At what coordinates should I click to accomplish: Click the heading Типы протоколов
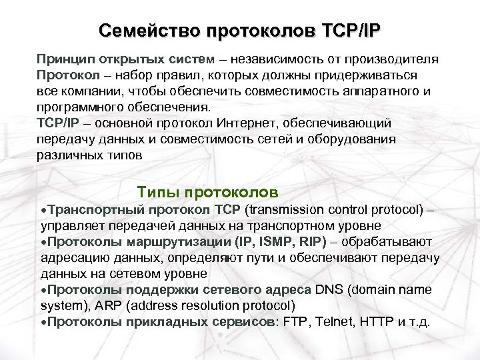pyautogui.click(x=207, y=193)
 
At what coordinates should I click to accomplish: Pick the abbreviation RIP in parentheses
pyautogui.click(x=310, y=241)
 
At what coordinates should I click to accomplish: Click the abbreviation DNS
pyautogui.click(x=329, y=290)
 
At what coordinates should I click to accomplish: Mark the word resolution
pyautogui.click(x=212, y=306)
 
